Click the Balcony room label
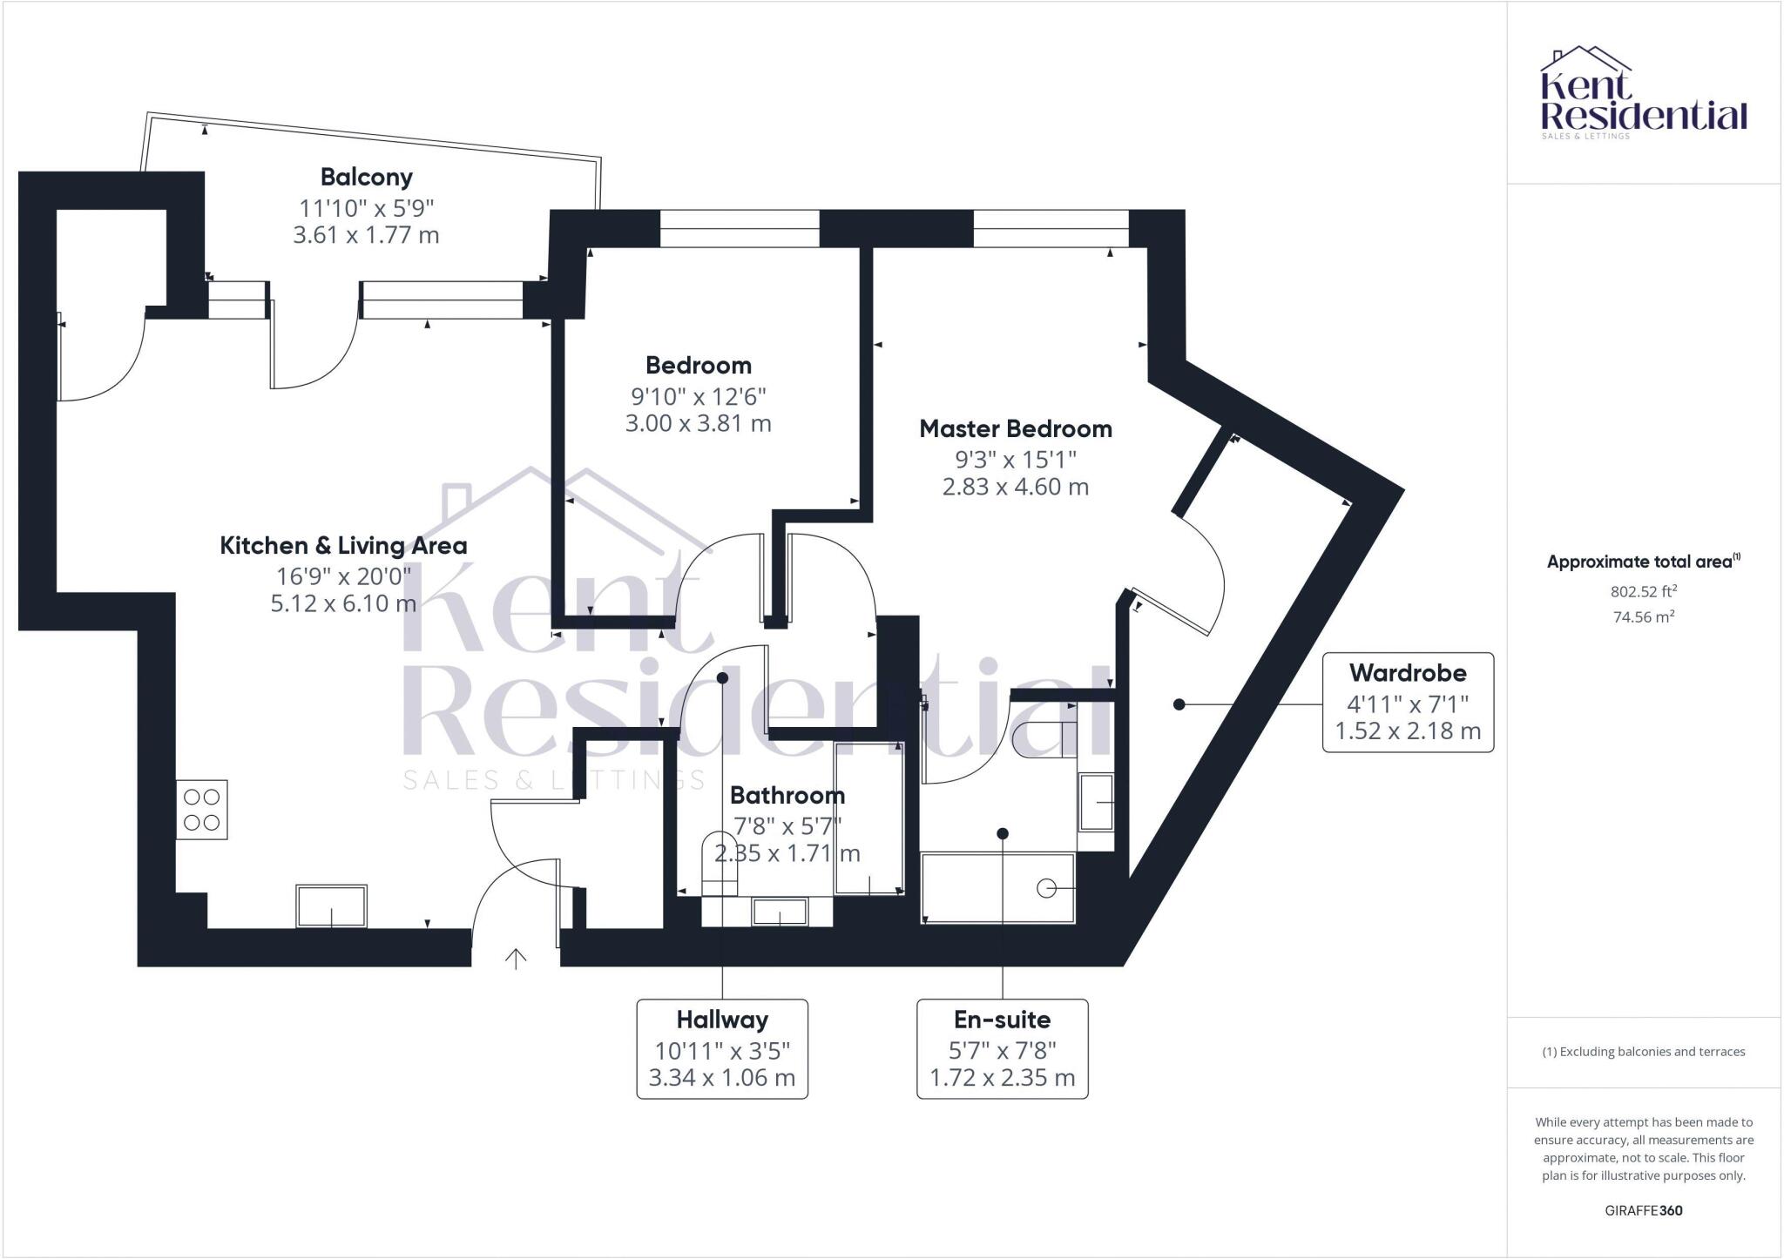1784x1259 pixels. point(366,178)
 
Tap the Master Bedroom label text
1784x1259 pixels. point(1016,428)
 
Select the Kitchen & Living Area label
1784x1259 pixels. point(343,546)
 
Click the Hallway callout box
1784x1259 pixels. point(722,1048)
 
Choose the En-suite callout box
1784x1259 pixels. point(1003,1048)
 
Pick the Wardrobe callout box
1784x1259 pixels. point(1408,702)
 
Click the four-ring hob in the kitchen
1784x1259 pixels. point(202,810)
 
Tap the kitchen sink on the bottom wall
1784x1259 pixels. point(331,906)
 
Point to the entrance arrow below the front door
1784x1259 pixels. point(516,959)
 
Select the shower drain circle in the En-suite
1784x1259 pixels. point(1046,888)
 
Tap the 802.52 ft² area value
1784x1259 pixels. point(1644,592)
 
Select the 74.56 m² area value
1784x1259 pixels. point(1644,617)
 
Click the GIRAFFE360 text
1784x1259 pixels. point(1644,1210)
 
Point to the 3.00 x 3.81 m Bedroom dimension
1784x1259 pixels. point(699,424)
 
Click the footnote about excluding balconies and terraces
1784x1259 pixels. point(1644,1052)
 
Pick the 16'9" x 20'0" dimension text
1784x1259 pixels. point(343,576)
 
